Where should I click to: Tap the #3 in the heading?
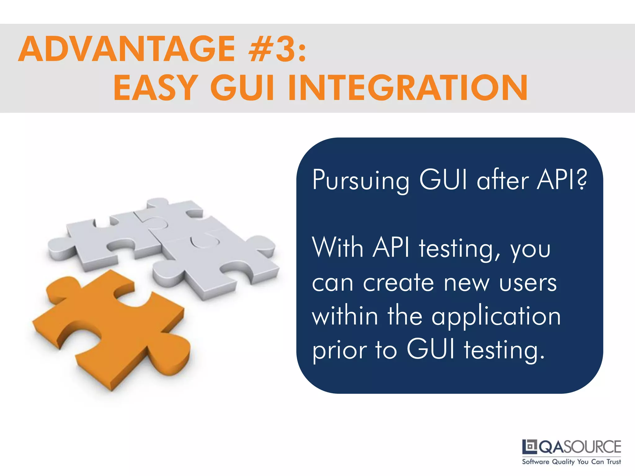273,49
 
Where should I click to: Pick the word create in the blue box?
398,283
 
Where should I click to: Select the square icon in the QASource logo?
530,447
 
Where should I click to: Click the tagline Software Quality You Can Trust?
571,462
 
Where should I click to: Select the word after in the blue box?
503,180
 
